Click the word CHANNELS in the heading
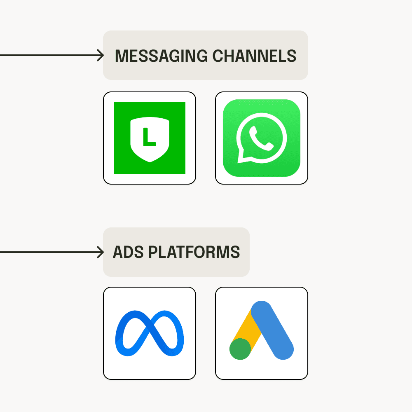tap(254, 56)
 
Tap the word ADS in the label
tap(128, 252)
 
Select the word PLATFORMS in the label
tap(194, 252)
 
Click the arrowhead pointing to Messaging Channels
tap(101, 55)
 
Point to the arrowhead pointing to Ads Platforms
tap(101, 252)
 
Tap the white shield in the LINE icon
tap(150, 139)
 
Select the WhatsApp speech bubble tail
tap(241, 158)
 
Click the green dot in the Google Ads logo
tap(240, 349)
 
